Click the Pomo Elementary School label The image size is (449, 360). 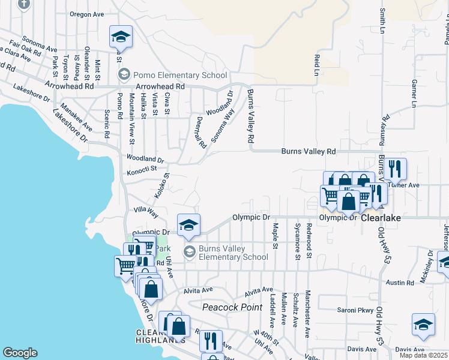point(180,76)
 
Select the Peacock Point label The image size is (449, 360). point(232,307)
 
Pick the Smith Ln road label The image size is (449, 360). point(382,22)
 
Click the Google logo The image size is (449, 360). point(20,353)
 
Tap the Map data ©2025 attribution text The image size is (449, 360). point(424,355)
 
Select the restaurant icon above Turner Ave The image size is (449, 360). point(396,168)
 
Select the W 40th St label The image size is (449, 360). point(267,337)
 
